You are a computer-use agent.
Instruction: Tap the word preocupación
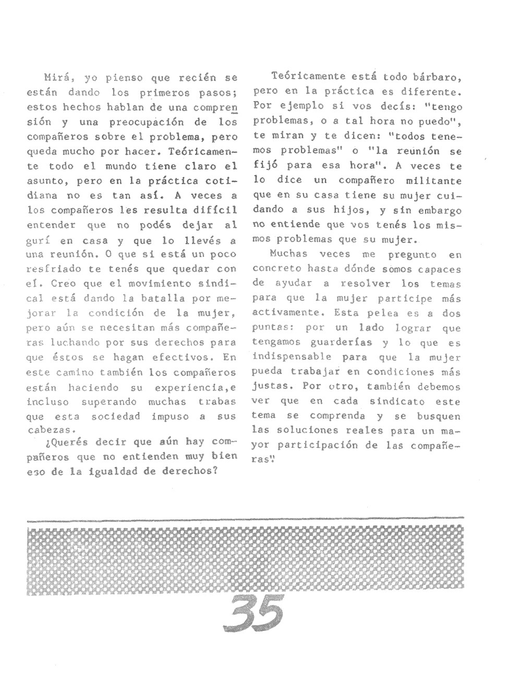pos(154,123)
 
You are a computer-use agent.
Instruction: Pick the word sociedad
pos(116,417)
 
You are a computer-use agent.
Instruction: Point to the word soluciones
pos(312,431)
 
